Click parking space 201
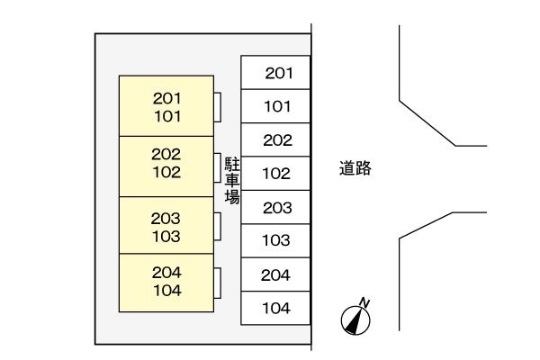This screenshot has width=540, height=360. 275,72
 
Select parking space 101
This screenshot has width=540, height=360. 275,106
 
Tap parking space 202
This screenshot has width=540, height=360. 275,139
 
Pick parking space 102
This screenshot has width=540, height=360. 275,174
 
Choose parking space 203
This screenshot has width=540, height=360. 275,207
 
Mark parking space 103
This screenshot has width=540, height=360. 275,241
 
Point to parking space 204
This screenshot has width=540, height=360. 275,274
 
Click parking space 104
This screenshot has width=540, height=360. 275,308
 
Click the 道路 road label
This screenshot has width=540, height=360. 355,168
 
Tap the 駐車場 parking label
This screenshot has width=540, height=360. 232,181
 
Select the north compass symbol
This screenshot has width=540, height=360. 355,320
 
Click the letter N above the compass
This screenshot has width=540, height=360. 364,302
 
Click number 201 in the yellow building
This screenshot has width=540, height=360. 167,98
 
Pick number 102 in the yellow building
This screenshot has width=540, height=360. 166,172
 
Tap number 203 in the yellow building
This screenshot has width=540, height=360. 166,219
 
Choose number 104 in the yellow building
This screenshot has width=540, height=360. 167,291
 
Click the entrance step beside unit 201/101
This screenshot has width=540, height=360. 217,107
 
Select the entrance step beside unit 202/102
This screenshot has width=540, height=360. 217,167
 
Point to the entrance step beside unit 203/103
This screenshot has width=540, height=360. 217,226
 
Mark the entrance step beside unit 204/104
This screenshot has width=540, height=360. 217,283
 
